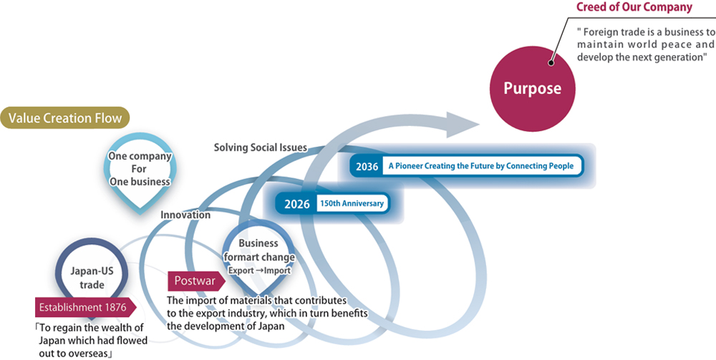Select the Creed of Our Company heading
[634, 8]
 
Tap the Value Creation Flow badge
[65, 118]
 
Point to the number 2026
[296, 204]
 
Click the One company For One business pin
[140, 169]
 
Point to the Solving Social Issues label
[260, 147]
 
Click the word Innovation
[185, 215]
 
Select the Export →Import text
[259, 271]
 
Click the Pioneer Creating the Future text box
[481, 166]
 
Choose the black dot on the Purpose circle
[551, 62]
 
